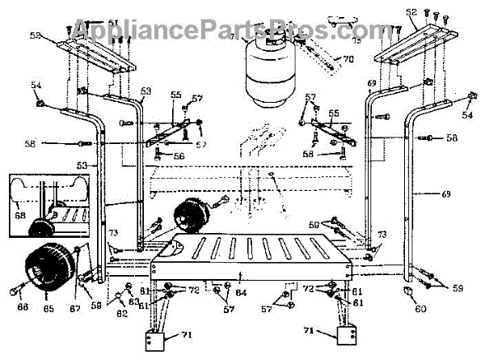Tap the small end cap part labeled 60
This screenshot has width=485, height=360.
point(409,288)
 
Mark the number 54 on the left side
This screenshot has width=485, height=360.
point(36,83)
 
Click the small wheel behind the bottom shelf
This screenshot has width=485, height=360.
point(191,217)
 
